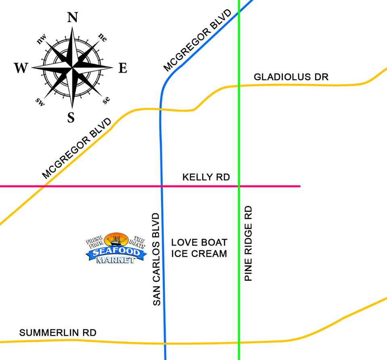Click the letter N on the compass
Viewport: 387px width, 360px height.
73,18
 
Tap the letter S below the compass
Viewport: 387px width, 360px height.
71,117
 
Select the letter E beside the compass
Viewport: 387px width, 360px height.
123,69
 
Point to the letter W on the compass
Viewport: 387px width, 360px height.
21,68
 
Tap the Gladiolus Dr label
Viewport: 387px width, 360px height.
291,77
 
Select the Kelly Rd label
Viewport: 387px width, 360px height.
206,177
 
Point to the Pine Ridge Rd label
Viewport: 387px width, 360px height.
248,243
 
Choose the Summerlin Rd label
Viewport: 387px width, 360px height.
58,333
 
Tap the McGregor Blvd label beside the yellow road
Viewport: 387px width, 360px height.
77,148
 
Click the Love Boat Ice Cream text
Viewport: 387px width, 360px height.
199,248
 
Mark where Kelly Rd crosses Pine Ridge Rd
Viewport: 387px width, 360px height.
239,186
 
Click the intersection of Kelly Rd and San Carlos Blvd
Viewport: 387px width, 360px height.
162,186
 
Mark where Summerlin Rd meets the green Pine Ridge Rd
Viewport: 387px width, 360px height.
239,343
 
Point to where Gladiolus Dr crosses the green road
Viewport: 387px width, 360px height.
239,86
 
